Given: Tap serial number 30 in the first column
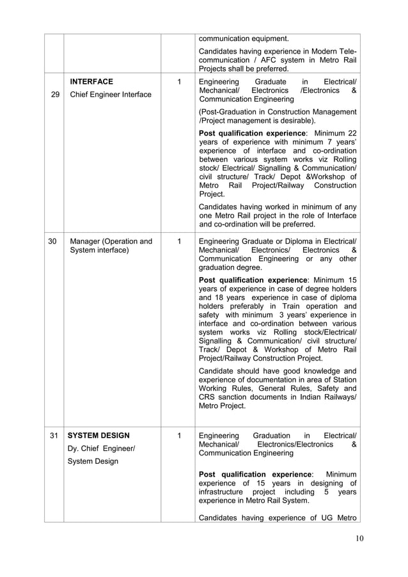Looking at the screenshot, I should click(54, 241).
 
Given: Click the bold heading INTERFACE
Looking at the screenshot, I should click(91, 81).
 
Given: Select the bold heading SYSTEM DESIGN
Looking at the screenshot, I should click(99, 435).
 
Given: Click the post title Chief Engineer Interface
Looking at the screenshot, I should click(111, 95).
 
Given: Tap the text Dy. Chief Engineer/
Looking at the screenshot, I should click(102, 448).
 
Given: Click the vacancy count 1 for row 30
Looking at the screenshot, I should click(179, 241).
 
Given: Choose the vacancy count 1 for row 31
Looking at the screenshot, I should click(179, 435).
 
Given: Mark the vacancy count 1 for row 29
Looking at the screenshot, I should click(179, 81).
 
